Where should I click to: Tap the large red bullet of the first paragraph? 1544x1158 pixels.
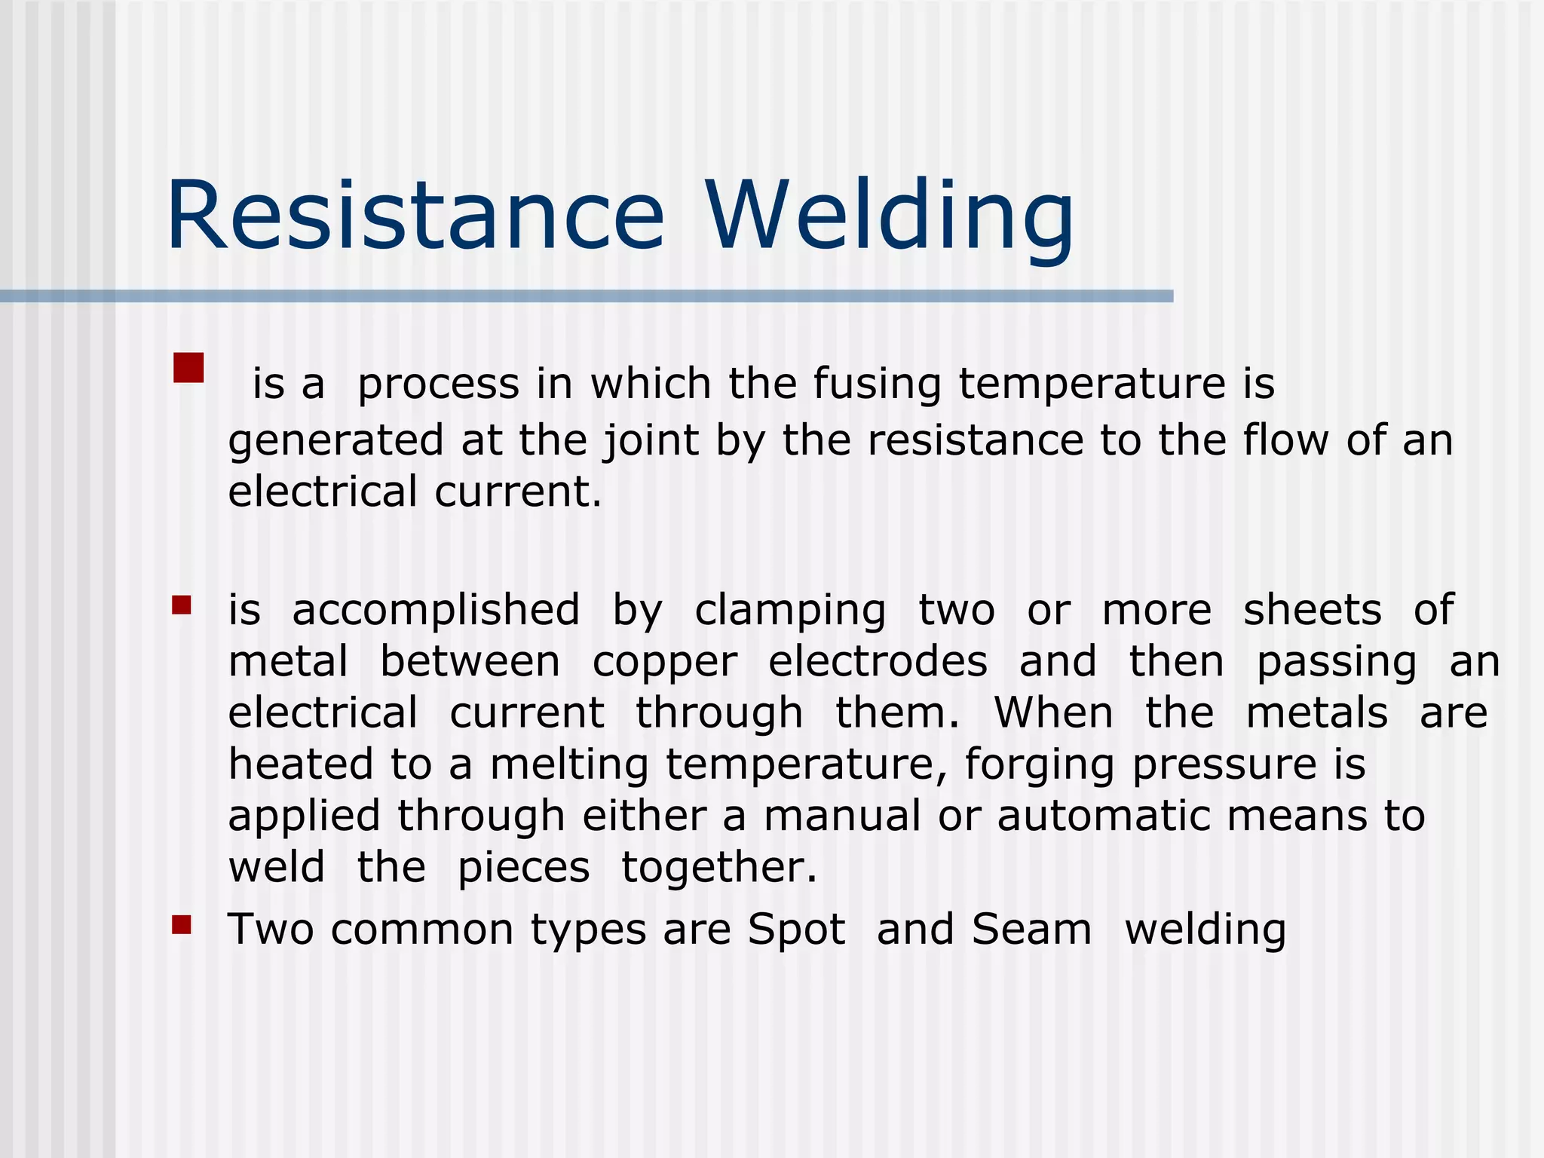coord(188,368)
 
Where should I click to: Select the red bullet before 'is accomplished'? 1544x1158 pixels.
coord(181,605)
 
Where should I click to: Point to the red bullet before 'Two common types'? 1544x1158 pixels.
coord(181,924)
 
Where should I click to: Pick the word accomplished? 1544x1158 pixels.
coord(436,610)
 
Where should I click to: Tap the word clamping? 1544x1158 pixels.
coord(790,611)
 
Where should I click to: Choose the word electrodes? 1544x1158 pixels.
coord(878,661)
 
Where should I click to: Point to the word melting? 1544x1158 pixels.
coord(569,765)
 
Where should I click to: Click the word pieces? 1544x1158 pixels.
coord(524,868)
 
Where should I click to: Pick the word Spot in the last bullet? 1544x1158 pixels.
coord(796,930)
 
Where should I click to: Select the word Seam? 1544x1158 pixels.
coord(1031,929)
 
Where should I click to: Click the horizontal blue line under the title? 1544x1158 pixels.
coord(587,296)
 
